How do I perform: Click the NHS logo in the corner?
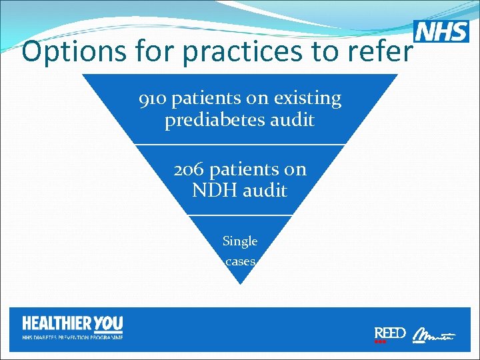(441, 31)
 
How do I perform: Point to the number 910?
(152, 99)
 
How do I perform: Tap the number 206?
(188, 169)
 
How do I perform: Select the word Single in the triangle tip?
(240, 241)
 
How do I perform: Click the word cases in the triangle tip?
(240, 261)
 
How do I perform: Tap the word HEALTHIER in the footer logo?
(57, 324)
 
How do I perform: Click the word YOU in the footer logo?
(108, 324)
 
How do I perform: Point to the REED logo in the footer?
(390, 333)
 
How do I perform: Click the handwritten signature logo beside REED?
(433, 335)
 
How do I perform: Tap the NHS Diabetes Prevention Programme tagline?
(73, 337)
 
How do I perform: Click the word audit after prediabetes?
(291, 121)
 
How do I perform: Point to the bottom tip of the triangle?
(240, 284)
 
